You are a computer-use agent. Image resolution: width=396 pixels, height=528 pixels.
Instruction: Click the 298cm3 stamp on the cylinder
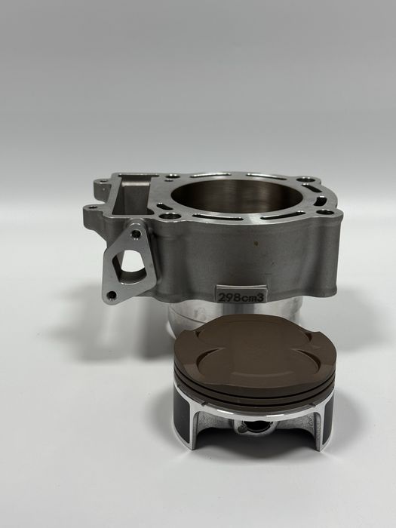pos(241,296)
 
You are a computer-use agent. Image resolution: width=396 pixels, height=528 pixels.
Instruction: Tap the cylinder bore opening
pos(237,197)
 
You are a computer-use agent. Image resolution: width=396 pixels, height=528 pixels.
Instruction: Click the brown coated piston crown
pos(255,354)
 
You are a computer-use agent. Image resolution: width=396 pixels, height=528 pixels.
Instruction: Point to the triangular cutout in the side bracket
pos(132,261)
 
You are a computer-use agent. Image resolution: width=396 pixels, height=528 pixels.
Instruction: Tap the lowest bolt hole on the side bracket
pos(111,296)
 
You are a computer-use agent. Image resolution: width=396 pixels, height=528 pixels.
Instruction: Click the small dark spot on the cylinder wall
pos(256,243)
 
